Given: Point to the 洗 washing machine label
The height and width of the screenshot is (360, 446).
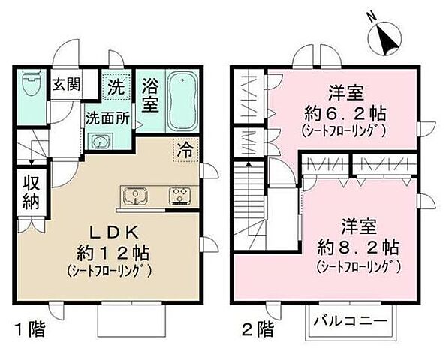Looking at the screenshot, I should (x=116, y=86).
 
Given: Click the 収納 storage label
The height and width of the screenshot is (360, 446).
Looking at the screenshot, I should (x=30, y=192).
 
